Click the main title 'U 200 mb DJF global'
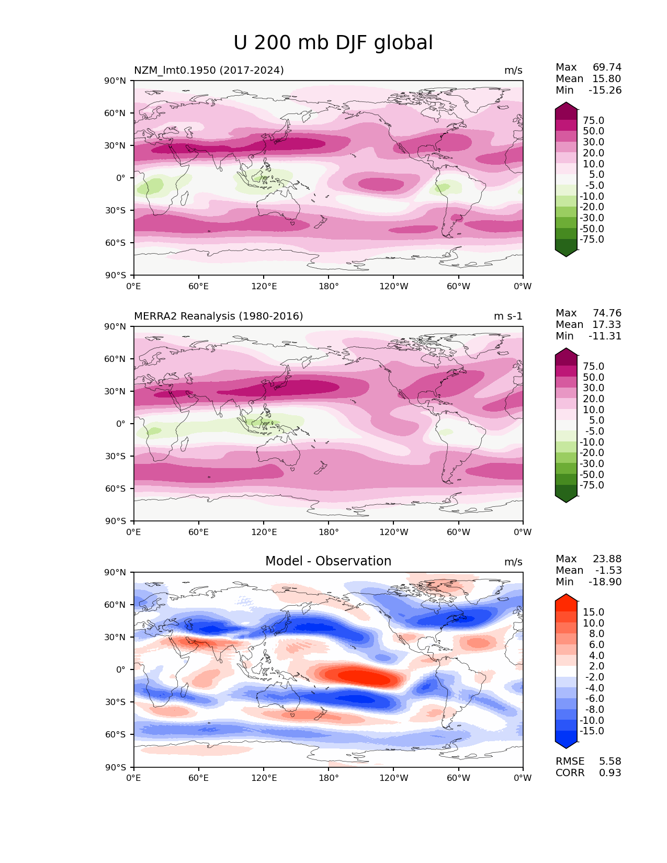[x=333, y=43]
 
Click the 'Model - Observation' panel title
[x=328, y=561]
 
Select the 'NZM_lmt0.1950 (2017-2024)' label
[x=209, y=70]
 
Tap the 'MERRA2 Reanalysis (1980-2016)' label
[x=218, y=316]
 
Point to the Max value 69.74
[x=607, y=67]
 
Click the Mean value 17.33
[x=606, y=324]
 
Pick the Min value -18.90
[x=605, y=582]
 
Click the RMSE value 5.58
[x=610, y=761]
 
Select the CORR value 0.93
[x=610, y=773]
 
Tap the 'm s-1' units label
[x=508, y=316]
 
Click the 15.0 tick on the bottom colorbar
[x=593, y=612]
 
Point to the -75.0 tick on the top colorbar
[x=592, y=239]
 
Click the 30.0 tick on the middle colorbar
[x=593, y=388]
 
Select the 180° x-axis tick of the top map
[x=329, y=286]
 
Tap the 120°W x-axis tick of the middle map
[x=394, y=532]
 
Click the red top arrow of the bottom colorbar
[x=566, y=599]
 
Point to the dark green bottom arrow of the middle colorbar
[x=566, y=497]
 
